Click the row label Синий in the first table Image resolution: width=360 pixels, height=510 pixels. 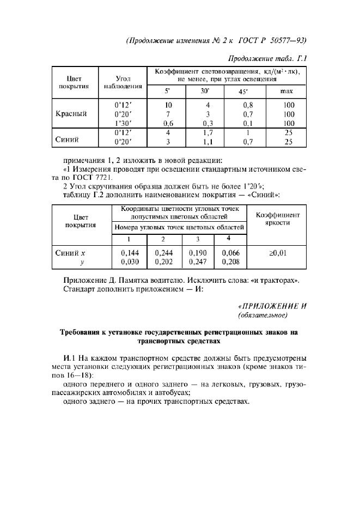click(x=68, y=139)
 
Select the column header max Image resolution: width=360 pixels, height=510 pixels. click(x=288, y=90)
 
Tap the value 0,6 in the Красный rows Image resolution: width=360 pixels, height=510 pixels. click(x=169, y=123)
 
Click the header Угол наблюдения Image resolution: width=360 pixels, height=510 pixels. click(x=123, y=83)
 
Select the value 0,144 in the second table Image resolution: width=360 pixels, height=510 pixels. click(x=129, y=253)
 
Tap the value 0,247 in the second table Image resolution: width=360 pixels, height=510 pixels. click(x=198, y=262)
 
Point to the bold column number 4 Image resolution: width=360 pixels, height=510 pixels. click(x=229, y=238)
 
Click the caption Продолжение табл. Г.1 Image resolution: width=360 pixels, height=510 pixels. click(x=265, y=58)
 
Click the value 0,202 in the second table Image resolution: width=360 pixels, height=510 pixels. click(x=164, y=262)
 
